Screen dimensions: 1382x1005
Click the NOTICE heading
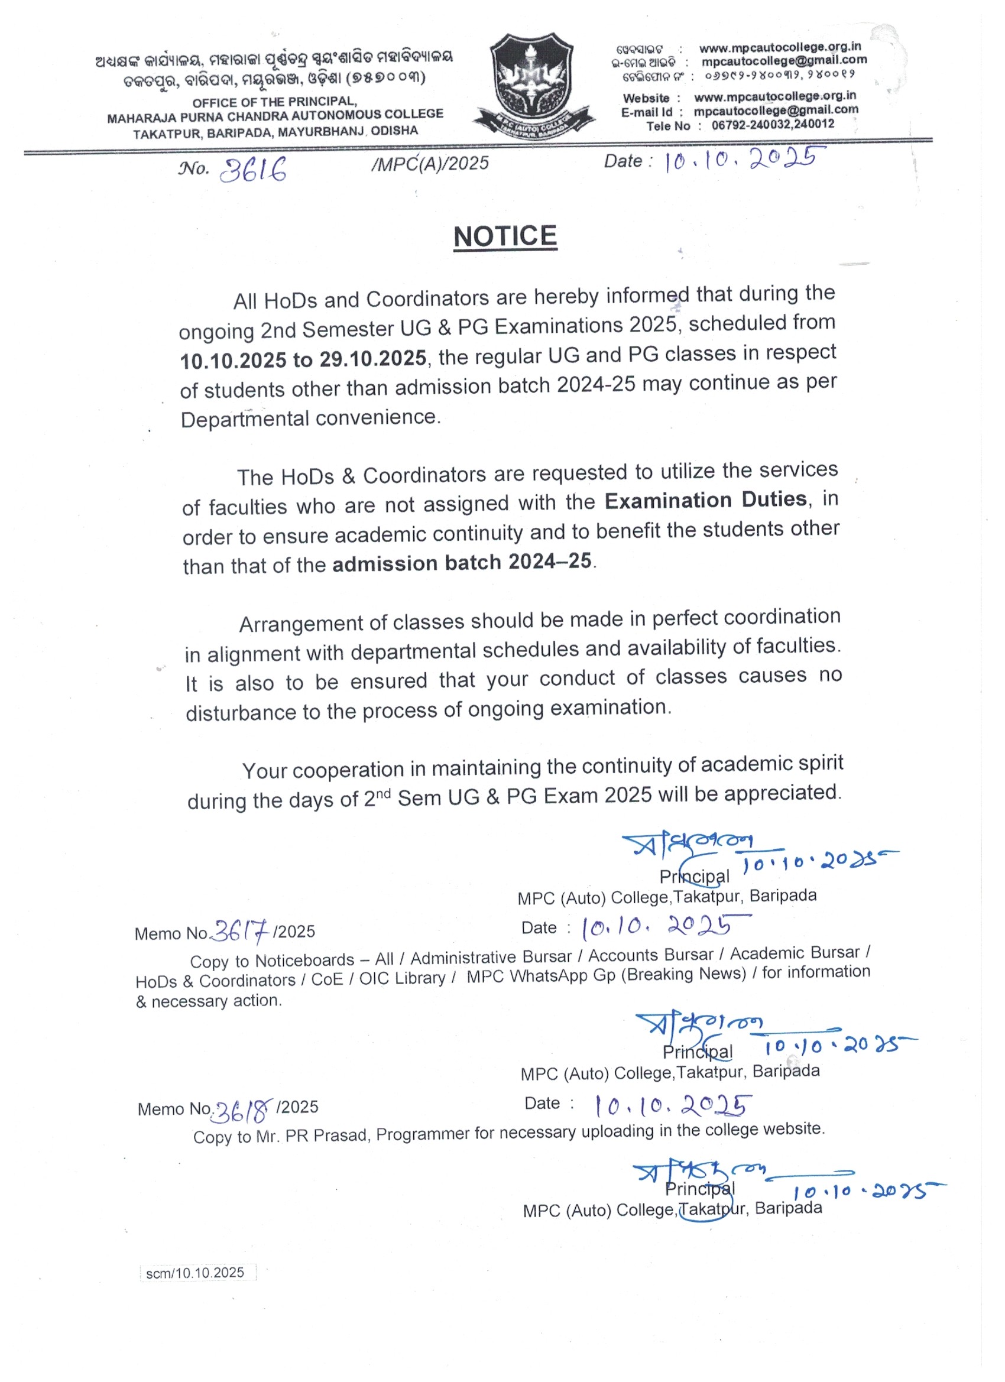(505, 236)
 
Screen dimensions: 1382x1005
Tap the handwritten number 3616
(252, 170)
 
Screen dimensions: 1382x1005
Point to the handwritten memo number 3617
(240, 930)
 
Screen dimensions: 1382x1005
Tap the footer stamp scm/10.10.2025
(195, 1272)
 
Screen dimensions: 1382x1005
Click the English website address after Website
(774, 96)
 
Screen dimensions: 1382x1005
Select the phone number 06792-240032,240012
(773, 125)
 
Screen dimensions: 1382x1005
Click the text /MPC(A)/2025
(430, 163)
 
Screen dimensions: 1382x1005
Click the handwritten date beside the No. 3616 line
(745, 160)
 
